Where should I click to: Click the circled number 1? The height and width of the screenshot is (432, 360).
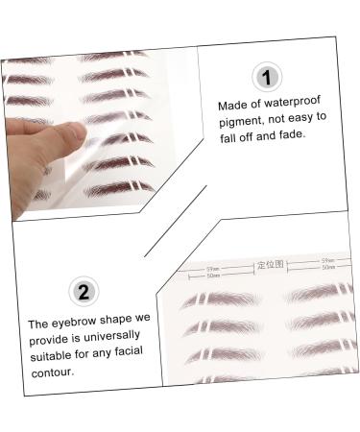pyautogui.click(x=266, y=77)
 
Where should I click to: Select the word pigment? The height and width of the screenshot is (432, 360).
pyautogui.click(x=241, y=119)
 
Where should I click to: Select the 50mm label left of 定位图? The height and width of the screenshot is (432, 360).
pyautogui.click(x=212, y=276)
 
